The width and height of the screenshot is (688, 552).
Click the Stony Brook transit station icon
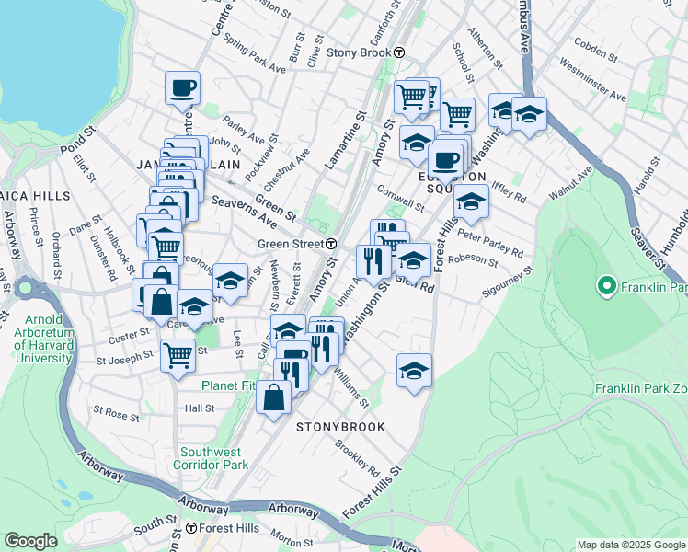[399, 52]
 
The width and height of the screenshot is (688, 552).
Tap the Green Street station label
[289, 244]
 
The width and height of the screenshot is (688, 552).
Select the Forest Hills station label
[224, 528]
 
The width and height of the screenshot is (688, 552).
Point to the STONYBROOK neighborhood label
[339, 427]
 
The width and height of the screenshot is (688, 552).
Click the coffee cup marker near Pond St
[182, 87]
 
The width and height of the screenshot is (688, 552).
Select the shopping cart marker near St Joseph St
[178, 354]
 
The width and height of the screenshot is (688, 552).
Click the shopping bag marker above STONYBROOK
[274, 397]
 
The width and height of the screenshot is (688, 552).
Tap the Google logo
[31, 540]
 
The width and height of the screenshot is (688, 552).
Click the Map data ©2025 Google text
[631, 545]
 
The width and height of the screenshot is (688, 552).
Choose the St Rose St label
[116, 416]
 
